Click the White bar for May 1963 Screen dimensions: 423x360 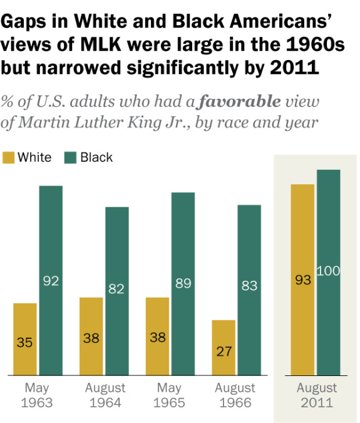click(x=25, y=339)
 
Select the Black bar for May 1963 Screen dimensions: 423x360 click(x=51, y=281)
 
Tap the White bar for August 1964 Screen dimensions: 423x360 click(x=91, y=336)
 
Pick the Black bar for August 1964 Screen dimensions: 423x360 click(x=117, y=291)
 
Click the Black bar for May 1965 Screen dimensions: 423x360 click(x=183, y=284)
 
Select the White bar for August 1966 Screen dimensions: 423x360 click(x=224, y=347)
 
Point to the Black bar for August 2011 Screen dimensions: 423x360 click(x=328, y=273)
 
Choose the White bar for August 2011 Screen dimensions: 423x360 click(x=302, y=280)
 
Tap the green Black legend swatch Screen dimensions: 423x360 click(x=71, y=157)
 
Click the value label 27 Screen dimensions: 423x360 click(x=224, y=351)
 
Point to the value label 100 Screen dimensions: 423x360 click(x=328, y=271)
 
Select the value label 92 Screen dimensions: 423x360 click(x=51, y=281)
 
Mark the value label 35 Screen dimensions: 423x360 click(x=25, y=343)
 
